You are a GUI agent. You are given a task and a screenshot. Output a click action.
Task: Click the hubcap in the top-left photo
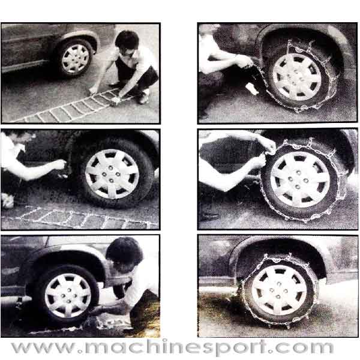[76, 59]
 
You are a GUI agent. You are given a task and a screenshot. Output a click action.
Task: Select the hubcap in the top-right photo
[296, 77]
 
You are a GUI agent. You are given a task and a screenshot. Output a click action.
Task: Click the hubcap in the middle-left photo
[112, 174]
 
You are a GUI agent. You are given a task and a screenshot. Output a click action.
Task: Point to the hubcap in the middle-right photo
[299, 179]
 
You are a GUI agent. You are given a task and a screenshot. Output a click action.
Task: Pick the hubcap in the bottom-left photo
[68, 295]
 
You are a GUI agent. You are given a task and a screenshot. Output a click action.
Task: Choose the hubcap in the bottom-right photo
[279, 290]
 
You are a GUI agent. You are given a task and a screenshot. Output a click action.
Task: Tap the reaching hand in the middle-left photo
[59, 164]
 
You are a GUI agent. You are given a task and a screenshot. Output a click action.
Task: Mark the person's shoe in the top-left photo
[143, 98]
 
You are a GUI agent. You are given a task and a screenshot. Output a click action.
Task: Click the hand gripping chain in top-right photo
[245, 61]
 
